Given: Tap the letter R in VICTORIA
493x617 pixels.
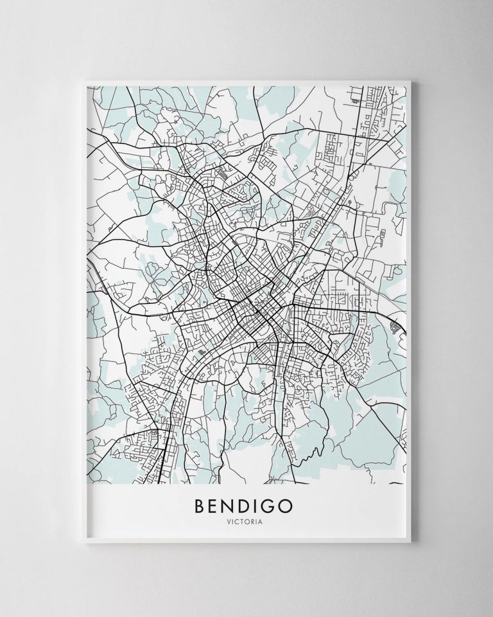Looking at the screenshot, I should click(255, 523).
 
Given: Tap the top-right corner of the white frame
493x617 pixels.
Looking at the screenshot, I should click(413, 79).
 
